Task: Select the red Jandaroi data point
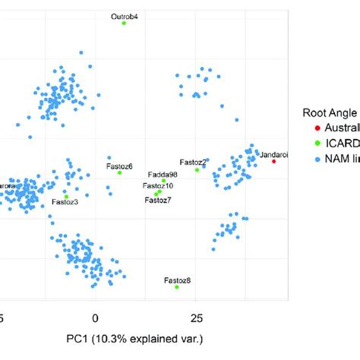[274, 161]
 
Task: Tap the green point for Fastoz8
[177, 287]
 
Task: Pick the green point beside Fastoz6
[119, 172]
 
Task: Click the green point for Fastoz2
[197, 169]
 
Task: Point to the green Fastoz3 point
[67, 196]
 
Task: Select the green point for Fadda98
[163, 181]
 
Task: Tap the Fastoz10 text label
[158, 186]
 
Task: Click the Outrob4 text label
[125, 15]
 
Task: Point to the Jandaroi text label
[273, 154]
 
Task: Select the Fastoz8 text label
[177, 280]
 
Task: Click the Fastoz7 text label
[158, 201]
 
